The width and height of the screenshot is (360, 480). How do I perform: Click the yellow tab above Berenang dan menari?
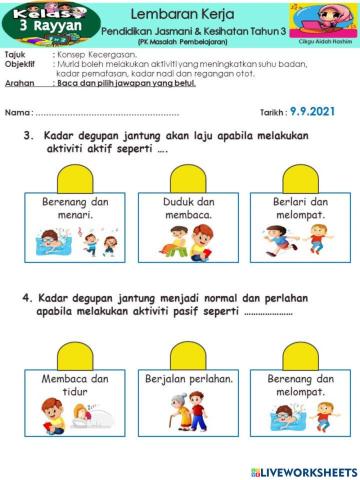[75, 180]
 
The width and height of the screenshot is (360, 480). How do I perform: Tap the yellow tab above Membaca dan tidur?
[75, 356]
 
